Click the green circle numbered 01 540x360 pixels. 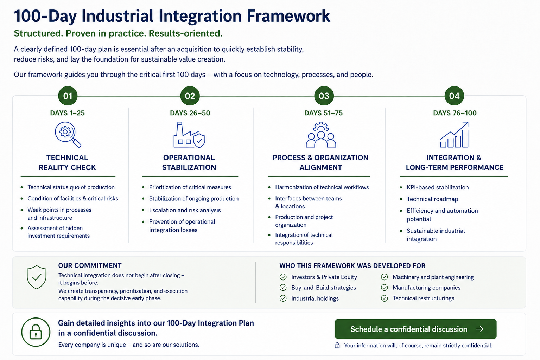pyautogui.click(x=68, y=96)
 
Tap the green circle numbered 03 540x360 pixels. pyautogui.click(x=324, y=96)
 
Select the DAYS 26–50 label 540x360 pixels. pyautogui.click(x=190, y=113)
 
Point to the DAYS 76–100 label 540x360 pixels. pyautogui.click(x=455, y=113)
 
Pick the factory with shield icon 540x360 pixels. pyautogui.click(x=189, y=135)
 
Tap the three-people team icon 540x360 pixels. pyautogui.click(x=321, y=135)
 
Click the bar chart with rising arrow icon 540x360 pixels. pyautogui.click(x=454, y=135)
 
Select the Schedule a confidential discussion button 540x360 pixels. pyautogui.click(x=415, y=329)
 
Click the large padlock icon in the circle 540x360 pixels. pyautogui.click(x=36, y=332)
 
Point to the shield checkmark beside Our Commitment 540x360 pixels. pyautogui.click(x=37, y=277)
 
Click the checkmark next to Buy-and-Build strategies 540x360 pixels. pyautogui.click(x=283, y=288)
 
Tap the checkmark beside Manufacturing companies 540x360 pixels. pyautogui.click(x=385, y=288)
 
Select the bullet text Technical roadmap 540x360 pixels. pyautogui.click(x=432, y=199)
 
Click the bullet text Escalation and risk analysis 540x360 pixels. pyautogui.click(x=185, y=210)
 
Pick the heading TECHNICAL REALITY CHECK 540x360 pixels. pyautogui.click(x=67, y=162)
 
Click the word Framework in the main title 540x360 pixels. pyautogui.click(x=288, y=16)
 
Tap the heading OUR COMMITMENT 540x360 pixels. pyautogui.click(x=90, y=265)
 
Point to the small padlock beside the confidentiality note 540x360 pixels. pyautogui.click(x=337, y=345)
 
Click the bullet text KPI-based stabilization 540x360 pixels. pyautogui.click(x=438, y=187)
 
